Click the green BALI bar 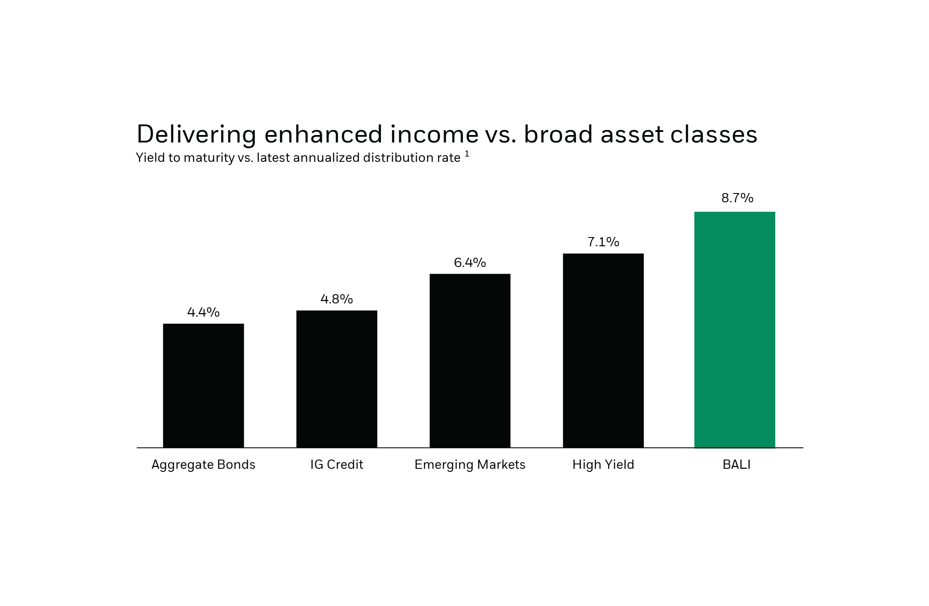[734, 330]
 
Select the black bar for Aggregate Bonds [203, 386]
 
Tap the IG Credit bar [336, 379]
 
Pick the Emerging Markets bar [470, 361]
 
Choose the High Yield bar [603, 350]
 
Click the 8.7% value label [737, 198]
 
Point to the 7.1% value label [603, 242]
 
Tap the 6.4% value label [470, 263]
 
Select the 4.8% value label [336, 299]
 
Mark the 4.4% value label [203, 313]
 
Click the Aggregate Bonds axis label [203, 465]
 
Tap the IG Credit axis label [336, 465]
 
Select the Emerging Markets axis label [470, 465]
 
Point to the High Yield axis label [603, 465]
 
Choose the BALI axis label [737, 465]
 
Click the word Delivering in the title [196, 135]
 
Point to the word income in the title [434, 135]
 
